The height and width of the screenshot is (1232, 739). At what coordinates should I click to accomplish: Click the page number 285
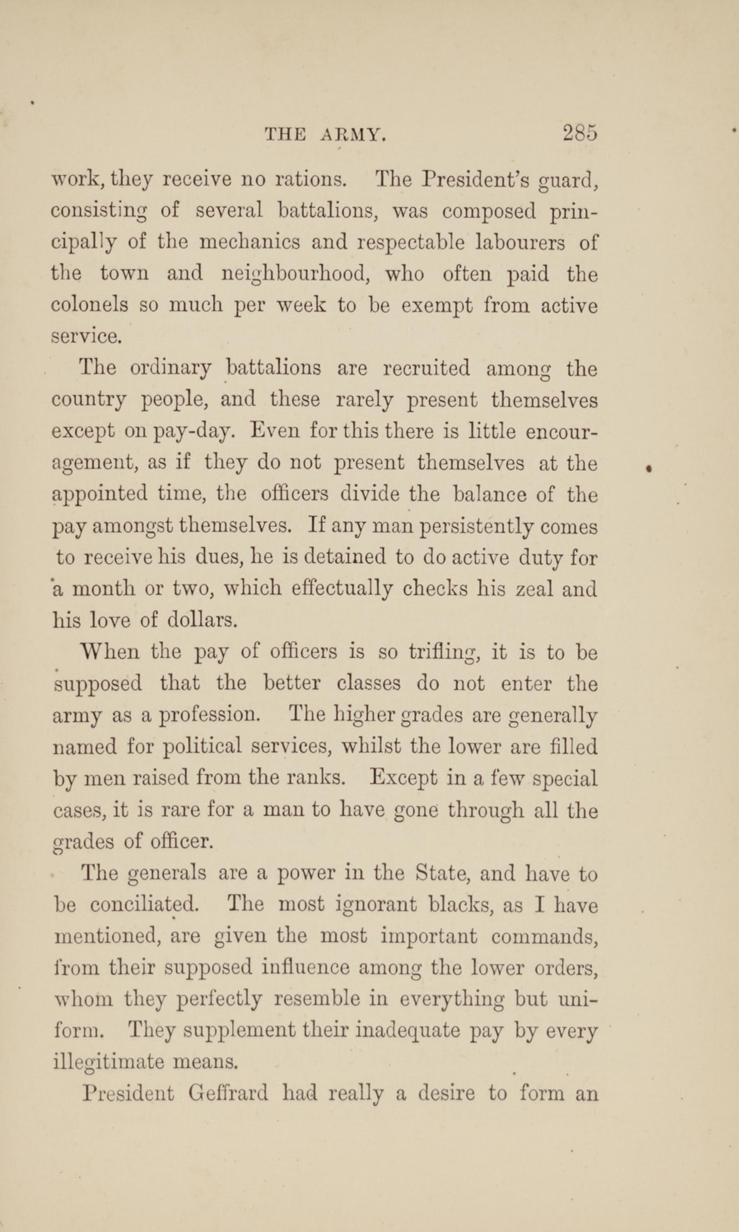(x=580, y=133)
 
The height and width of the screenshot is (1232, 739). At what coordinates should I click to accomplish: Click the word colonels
(x=90, y=305)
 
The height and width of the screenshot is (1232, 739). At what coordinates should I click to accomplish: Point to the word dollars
(x=202, y=621)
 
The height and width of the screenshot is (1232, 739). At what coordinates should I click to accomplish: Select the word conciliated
(x=145, y=904)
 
